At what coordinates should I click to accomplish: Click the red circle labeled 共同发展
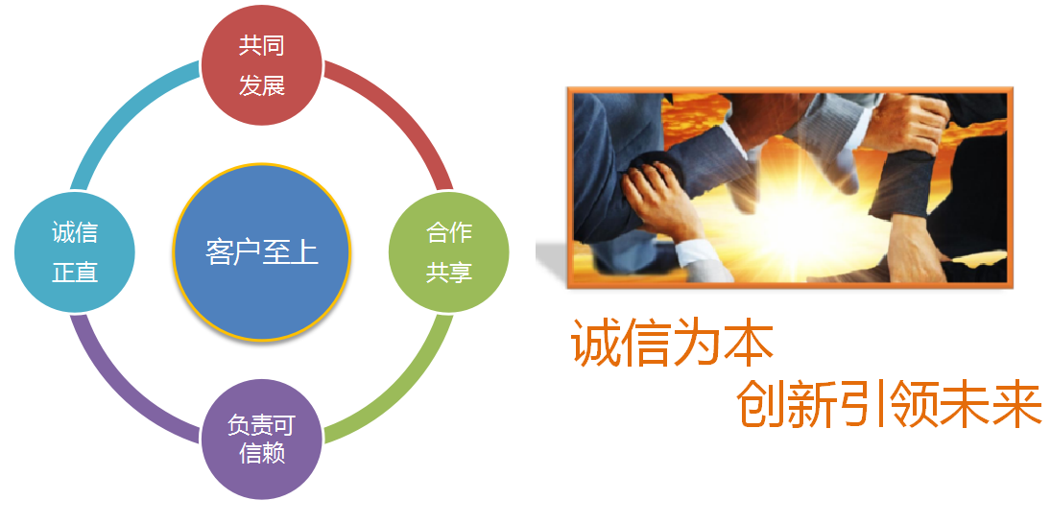point(262,65)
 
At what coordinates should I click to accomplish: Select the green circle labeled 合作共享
point(448,252)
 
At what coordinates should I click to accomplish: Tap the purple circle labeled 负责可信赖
point(262,440)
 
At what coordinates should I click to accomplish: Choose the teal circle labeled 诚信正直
point(75,252)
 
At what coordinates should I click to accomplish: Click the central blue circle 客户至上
point(262,252)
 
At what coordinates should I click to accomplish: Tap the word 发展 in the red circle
point(262,85)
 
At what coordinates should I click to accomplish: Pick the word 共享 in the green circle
point(448,273)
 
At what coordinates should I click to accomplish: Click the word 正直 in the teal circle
point(75,273)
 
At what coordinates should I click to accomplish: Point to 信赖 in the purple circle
point(262,453)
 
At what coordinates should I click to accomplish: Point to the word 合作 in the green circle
point(448,233)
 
